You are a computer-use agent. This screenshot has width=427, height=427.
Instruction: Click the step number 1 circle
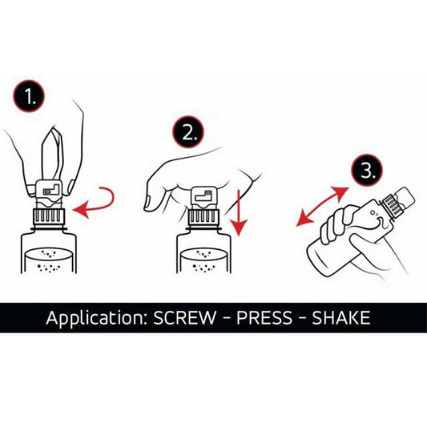(x=29, y=95)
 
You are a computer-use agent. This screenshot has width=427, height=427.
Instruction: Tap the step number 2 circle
(x=188, y=132)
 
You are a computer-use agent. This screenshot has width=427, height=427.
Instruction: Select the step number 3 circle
(x=366, y=170)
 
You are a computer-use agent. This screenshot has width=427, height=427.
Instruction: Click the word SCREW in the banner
(x=184, y=317)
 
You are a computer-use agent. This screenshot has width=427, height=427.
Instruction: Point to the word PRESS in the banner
(x=264, y=317)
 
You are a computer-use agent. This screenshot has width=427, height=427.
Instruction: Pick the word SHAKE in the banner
(x=341, y=317)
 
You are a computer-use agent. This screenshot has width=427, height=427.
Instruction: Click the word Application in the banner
(x=96, y=318)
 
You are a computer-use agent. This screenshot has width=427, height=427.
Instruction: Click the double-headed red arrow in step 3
(x=321, y=207)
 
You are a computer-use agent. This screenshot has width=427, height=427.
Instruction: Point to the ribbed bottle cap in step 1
(x=48, y=216)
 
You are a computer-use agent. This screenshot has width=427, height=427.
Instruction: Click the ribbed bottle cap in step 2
(x=203, y=216)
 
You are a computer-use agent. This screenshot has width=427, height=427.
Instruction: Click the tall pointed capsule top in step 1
(x=53, y=153)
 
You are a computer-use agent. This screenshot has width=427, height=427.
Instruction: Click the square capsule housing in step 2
(x=203, y=197)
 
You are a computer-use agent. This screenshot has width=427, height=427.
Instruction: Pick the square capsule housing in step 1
(x=49, y=191)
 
